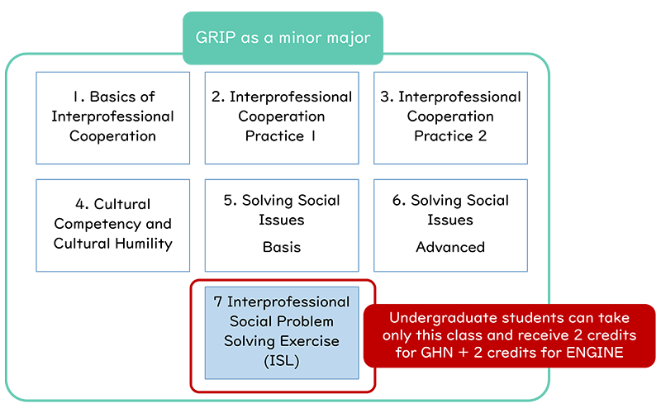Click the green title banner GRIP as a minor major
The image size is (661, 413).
pyautogui.click(x=283, y=38)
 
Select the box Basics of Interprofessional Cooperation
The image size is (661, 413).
pyautogui.click(x=113, y=118)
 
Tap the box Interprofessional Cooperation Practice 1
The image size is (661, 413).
pyautogui.click(x=282, y=118)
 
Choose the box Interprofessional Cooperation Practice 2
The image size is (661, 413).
pyautogui.click(x=450, y=118)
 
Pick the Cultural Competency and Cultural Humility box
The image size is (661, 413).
pyautogui.click(x=113, y=225)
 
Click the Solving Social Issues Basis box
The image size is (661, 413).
pyautogui.click(x=282, y=225)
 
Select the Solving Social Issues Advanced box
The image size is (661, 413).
pyautogui.click(x=450, y=225)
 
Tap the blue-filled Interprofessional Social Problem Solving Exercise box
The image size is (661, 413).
pyautogui.click(x=282, y=333)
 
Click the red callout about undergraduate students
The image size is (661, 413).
pyautogui.click(x=509, y=335)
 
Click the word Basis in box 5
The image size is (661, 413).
pyautogui.click(x=282, y=247)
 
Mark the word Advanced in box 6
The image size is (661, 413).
pyautogui.click(x=450, y=247)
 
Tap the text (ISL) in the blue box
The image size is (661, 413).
pyautogui.click(x=282, y=361)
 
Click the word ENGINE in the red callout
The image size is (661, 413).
pyautogui.click(x=594, y=353)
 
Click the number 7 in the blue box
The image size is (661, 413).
pyautogui.click(x=218, y=301)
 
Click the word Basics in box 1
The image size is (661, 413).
pyautogui.click(x=111, y=97)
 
